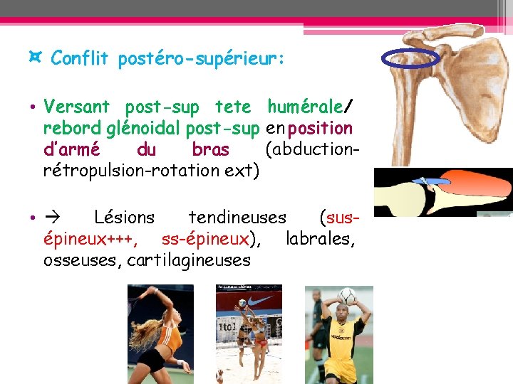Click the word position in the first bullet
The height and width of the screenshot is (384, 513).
tap(321, 129)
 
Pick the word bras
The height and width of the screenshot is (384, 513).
tap(211, 150)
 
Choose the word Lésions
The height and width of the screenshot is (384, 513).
tap(124, 217)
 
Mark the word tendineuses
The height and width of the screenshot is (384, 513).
tap(237, 217)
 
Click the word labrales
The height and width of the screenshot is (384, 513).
tap(320, 238)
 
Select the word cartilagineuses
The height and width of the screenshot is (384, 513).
tap(189, 260)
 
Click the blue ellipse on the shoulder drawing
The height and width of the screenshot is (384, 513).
tap(409, 58)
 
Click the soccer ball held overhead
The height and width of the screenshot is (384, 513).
tap(346, 294)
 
